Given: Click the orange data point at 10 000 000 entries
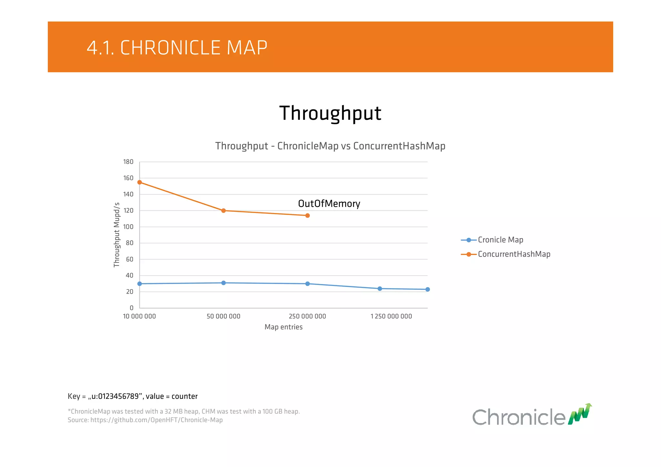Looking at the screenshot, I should click(139, 182).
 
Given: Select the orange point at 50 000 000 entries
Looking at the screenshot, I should click(223, 211).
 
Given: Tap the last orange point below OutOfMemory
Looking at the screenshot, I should click(307, 216).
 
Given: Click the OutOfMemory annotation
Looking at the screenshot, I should click(329, 204).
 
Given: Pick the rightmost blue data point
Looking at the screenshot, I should click(427, 289).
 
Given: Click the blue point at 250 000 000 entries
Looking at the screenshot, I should click(307, 284).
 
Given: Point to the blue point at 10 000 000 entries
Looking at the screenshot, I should click(139, 284).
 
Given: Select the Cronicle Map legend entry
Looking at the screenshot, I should click(500, 240).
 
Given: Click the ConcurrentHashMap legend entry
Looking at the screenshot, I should click(514, 254).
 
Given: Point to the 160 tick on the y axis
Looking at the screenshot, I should click(128, 178).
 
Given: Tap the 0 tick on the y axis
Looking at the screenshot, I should click(131, 308).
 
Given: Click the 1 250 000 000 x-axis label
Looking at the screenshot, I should click(391, 316).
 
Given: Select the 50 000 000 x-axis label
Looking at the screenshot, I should click(223, 316).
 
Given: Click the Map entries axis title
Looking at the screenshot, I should click(283, 327).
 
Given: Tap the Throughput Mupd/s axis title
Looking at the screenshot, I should click(117, 235).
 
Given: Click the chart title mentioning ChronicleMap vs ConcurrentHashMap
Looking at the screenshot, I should click(330, 146).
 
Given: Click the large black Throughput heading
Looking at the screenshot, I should click(330, 113).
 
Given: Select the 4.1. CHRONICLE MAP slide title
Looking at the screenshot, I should click(177, 48).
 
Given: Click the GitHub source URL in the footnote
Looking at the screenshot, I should click(157, 420).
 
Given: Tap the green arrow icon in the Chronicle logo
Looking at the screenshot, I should click(580, 414).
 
